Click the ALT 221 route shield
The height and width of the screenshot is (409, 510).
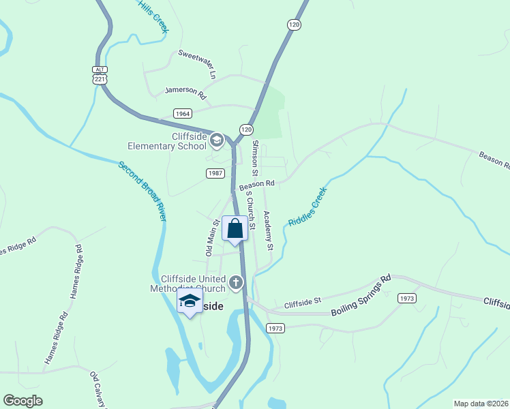point(100,75)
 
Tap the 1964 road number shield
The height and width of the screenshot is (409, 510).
point(182,114)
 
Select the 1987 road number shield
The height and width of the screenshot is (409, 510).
point(215,174)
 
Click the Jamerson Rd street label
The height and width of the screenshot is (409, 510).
point(185,91)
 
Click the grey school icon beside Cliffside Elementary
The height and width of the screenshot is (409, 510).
point(217,141)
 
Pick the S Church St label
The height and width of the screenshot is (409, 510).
point(250,209)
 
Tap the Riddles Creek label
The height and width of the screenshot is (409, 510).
point(307,207)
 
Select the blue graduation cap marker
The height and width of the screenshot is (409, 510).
point(189,300)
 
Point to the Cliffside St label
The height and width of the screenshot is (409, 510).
point(302,301)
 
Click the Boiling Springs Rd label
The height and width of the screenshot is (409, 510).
point(361,295)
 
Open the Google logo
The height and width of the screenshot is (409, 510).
point(22,401)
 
